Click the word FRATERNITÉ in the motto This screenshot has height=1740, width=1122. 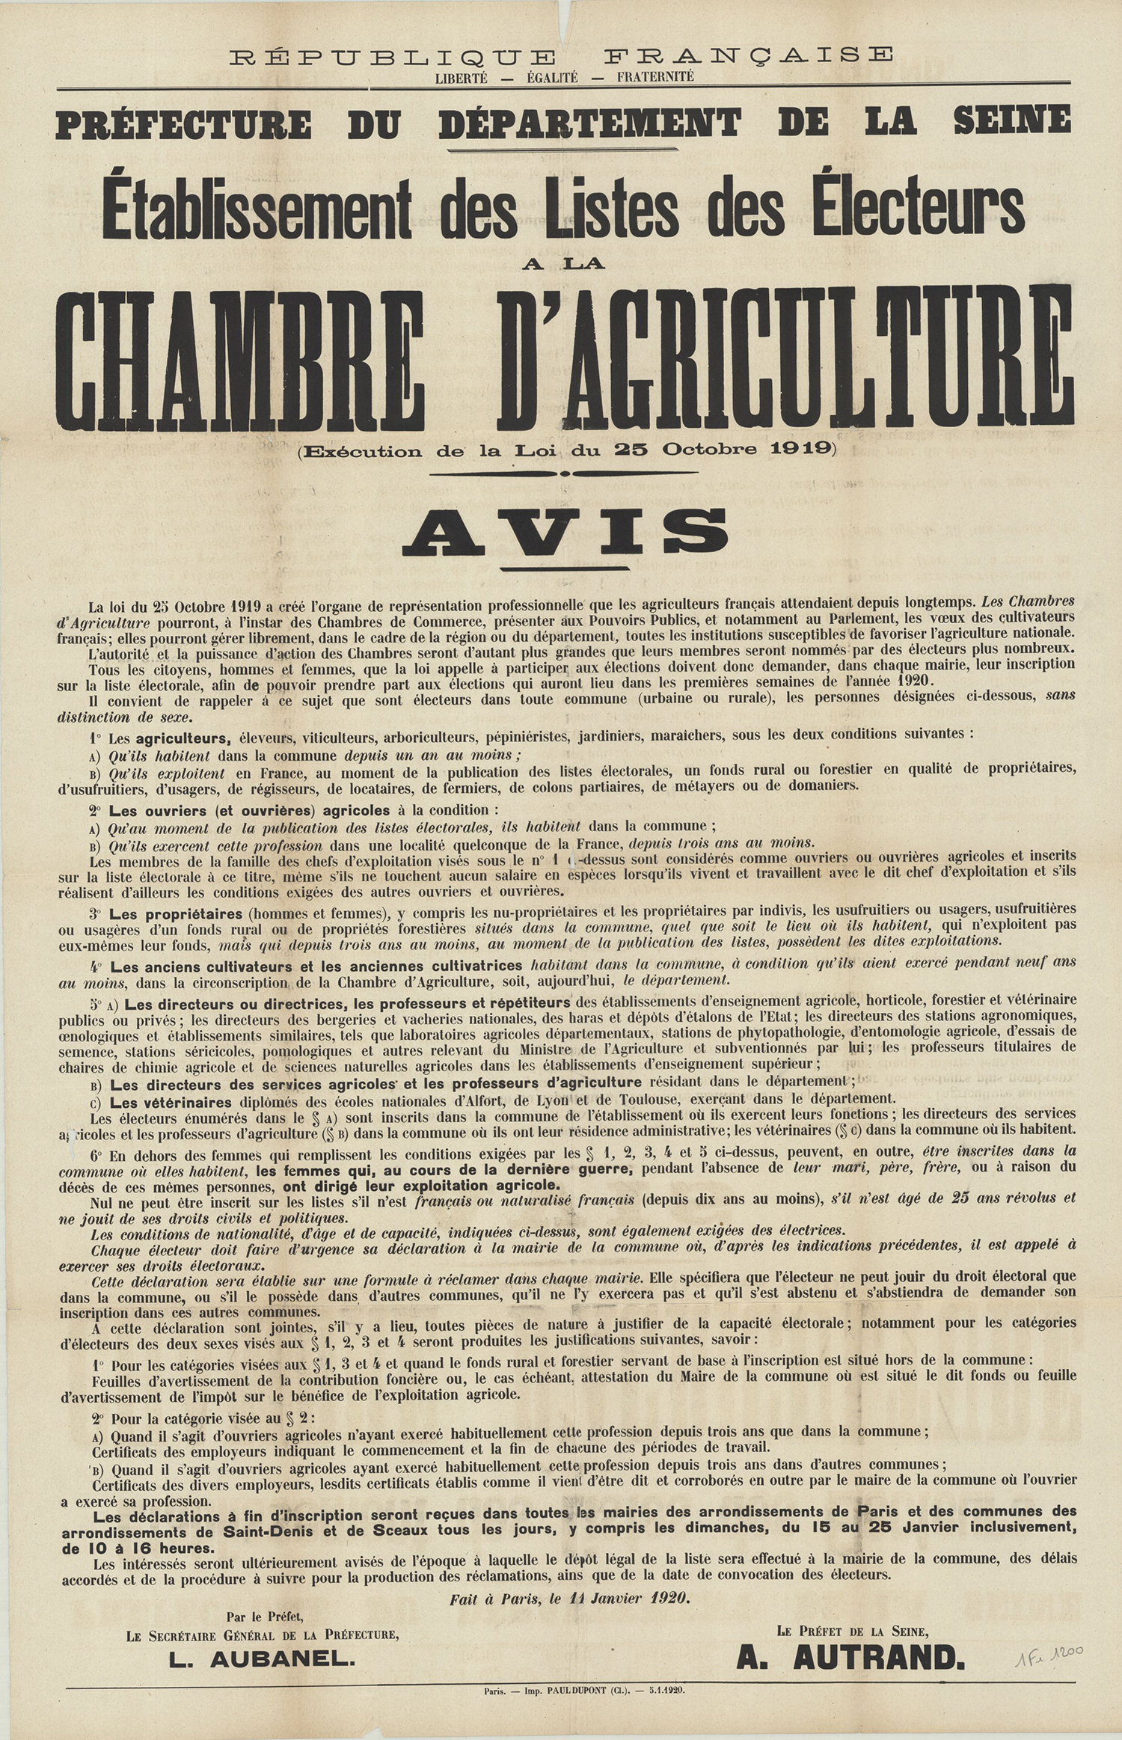point(655,76)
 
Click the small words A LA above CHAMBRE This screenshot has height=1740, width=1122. point(566,263)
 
